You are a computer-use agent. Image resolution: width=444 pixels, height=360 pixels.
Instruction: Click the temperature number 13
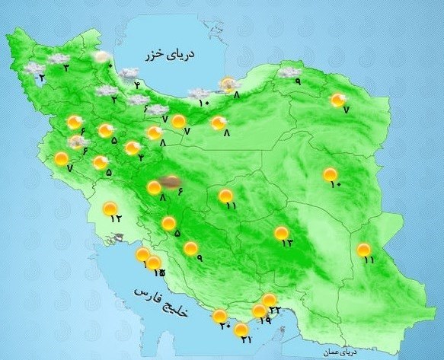click(286, 244)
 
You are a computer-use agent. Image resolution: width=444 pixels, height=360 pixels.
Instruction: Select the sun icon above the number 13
click(282, 233)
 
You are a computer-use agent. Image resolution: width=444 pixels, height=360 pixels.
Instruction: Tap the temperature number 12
click(116, 218)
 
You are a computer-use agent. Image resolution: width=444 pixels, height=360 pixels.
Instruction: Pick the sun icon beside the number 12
click(111, 207)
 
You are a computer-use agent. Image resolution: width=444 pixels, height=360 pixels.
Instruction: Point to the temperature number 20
click(225, 327)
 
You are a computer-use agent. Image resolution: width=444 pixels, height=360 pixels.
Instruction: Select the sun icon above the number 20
click(220, 316)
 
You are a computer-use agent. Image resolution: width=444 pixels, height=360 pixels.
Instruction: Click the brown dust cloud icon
click(171, 182)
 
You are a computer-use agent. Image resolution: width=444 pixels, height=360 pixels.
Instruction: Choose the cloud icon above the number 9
click(288, 72)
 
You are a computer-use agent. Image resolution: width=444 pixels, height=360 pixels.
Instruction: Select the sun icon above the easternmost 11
click(364, 250)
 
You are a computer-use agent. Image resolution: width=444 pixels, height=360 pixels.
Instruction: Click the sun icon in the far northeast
click(338, 99)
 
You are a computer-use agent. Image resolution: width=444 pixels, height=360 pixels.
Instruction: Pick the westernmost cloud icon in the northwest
click(34, 68)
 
